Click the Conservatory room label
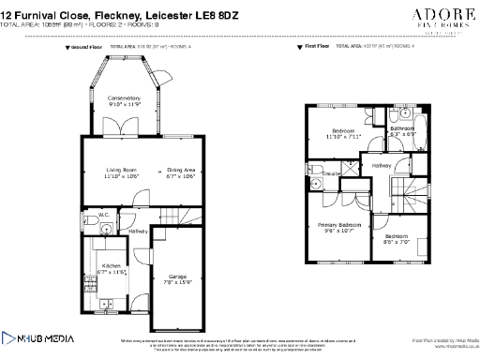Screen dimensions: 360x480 (123, 98)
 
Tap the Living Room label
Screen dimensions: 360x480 (120, 170)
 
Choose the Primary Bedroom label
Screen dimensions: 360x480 (338, 226)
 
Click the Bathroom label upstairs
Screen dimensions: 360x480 (402, 128)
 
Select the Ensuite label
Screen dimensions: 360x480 (330, 173)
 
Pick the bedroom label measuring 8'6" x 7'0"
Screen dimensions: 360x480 (397, 236)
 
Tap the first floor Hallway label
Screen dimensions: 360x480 (382, 165)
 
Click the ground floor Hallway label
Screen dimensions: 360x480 (139, 231)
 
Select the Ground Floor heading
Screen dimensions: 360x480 (89, 45)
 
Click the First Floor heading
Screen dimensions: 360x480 (317, 45)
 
